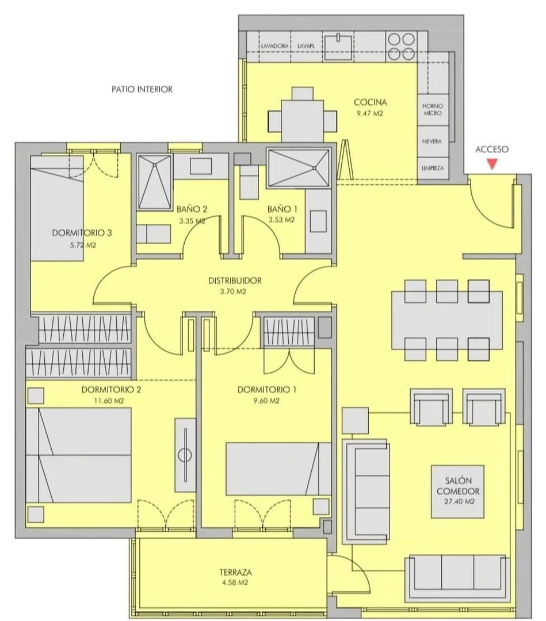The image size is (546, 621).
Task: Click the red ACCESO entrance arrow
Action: pos(492,164)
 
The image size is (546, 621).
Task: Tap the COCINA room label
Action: pos(370,102)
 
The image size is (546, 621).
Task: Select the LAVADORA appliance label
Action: pos(274,46)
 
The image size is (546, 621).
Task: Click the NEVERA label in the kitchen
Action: pos(432,141)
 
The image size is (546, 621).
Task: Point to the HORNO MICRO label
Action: pos(432,109)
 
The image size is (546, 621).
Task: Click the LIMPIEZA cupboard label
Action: pos(432,168)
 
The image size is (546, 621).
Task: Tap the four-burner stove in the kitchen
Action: pos(401,47)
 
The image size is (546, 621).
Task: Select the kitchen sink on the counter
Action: pos(338,47)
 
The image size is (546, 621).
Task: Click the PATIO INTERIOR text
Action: pos(142,89)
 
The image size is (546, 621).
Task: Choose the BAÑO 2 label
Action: pos(192,209)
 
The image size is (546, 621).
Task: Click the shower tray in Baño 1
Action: pos(298,167)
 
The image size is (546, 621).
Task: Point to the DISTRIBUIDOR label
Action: pos(235,281)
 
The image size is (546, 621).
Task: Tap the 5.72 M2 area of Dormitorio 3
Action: pos(83,245)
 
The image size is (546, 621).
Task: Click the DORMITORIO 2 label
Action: pos(111,390)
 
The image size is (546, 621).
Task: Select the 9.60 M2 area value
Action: pos(266,401)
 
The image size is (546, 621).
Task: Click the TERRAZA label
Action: pos(235,572)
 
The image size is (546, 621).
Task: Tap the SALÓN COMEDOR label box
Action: pos(458,492)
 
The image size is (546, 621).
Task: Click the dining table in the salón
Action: pos(447,320)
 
